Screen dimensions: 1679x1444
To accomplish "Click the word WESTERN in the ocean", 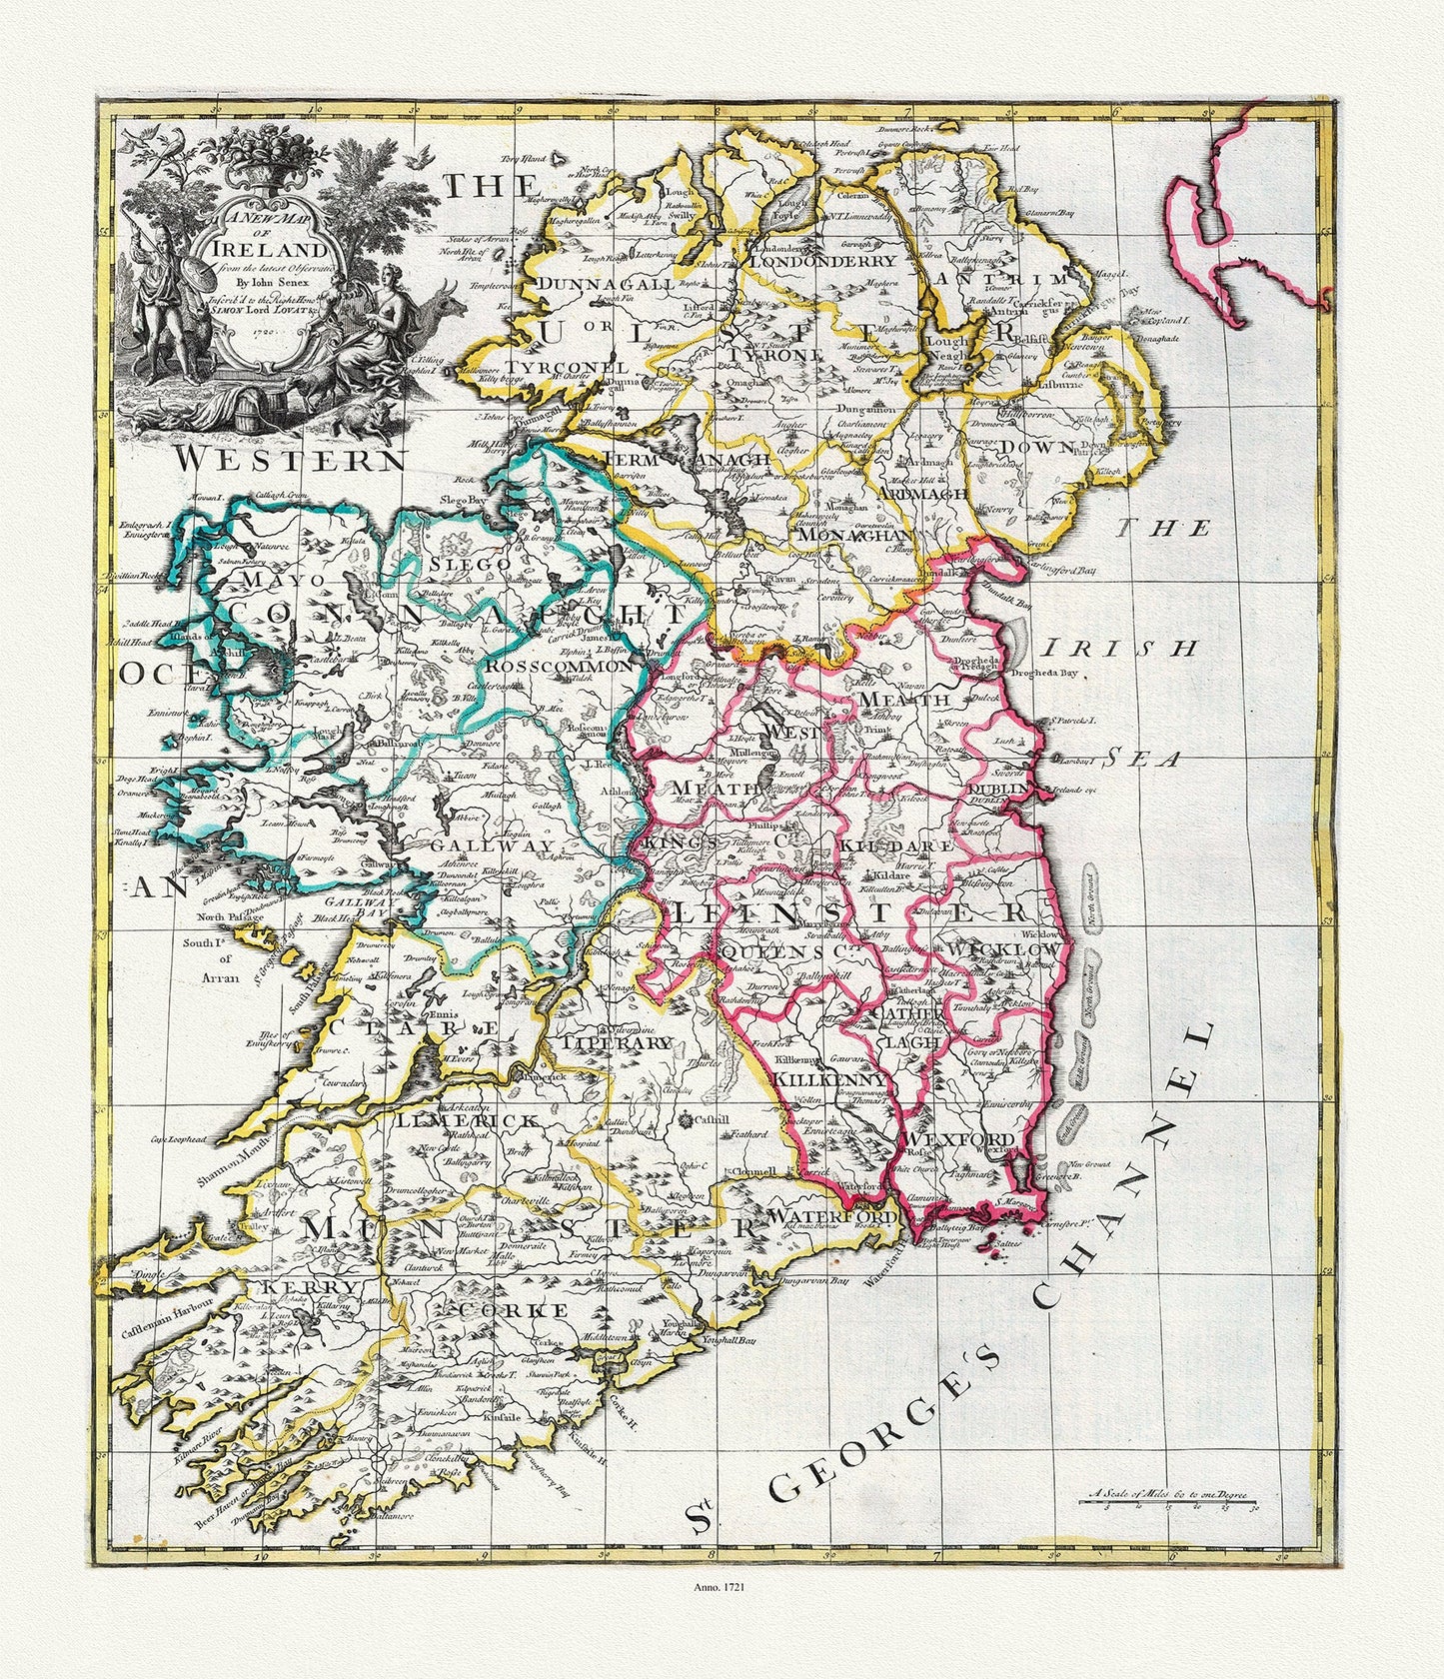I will pyautogui.click(x=291, y=460).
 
